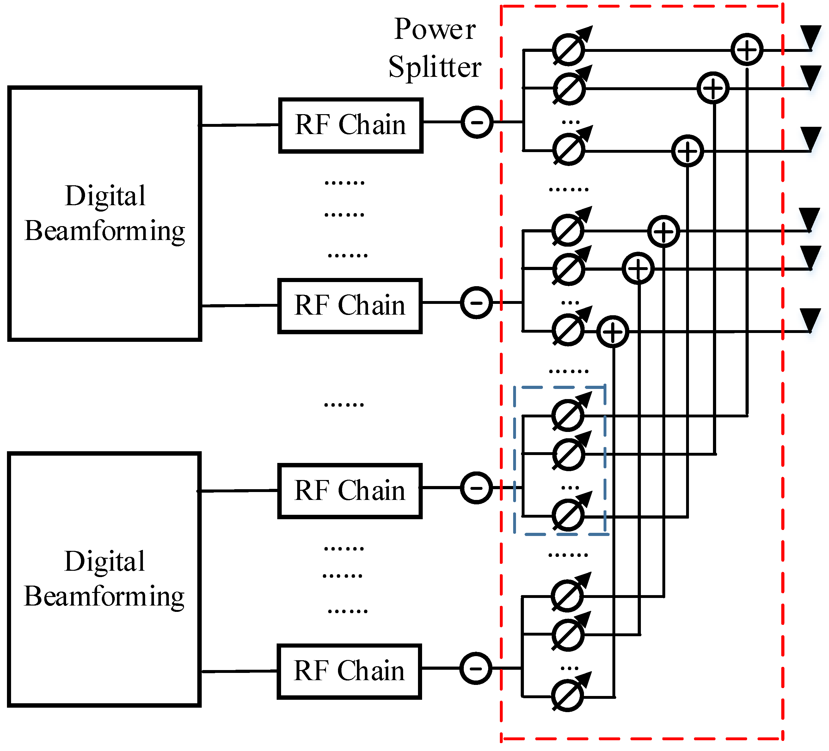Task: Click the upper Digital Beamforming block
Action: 104,213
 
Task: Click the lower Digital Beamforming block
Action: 104,579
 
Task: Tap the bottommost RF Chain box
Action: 349,671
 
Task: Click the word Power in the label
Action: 435,30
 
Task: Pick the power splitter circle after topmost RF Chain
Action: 476,122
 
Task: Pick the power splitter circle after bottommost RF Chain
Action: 475,668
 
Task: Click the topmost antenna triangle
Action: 810,37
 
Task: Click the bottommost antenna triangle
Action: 810,320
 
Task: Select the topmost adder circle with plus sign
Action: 747,50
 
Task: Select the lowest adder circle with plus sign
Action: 613,331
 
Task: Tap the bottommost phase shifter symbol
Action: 568,696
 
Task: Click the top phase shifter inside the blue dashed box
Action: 568,415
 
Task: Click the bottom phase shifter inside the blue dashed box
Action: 568,515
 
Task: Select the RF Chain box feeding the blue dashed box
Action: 350,491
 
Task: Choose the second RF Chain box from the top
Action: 350,305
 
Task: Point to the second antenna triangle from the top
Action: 810,77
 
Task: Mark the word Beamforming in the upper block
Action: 104,231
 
